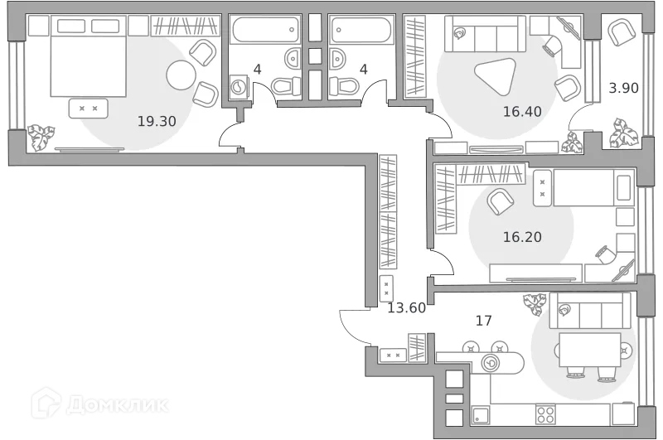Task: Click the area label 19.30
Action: (157, 120)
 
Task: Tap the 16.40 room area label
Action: (522, 110)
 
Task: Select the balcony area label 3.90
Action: (623, 88)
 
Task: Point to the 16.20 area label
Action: (522, 237)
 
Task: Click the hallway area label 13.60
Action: (406, 307)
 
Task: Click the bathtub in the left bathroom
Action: (264, 31)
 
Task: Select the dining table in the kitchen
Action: (589, 350)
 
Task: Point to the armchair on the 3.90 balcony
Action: (620, 33)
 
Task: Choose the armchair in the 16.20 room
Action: (499, 201)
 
